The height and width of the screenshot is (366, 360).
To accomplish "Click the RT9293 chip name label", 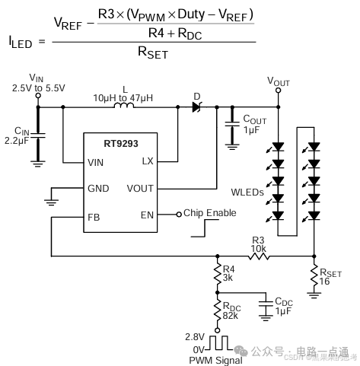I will pyautogui.click(x=119, y=142).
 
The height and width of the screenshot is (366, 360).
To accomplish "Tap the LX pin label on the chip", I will pyautogui.click(x=147, y=161).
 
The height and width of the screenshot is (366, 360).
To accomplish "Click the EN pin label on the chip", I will pyautogui.click(x=147, y=215).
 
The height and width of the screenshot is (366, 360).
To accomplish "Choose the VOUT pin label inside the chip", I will pyautogui.click(x=140, y=189).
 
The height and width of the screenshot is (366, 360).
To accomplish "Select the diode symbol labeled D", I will pyautogui.click(x=197, y=107).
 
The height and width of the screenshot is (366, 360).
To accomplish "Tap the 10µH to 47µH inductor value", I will pyautogui.click(x=125, y=98).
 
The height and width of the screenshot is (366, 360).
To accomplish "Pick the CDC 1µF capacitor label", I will pyautogui.click(x=282, y=307).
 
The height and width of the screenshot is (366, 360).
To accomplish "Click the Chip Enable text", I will pyautogui.click(x=209, y=213).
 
